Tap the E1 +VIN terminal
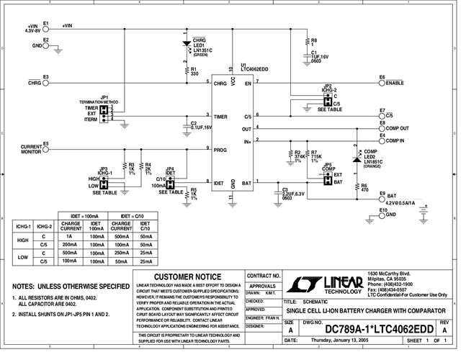[x=45, y=26]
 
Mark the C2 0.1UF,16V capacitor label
[x=201, y=125]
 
